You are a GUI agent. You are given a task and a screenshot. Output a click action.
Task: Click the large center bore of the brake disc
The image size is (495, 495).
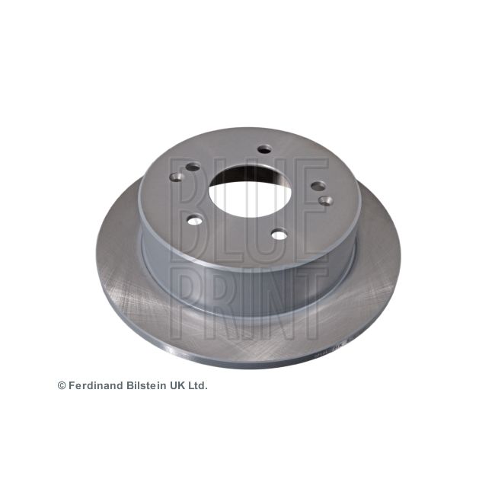(x=248, y=187)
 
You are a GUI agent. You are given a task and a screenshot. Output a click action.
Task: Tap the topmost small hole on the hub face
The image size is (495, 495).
(x=263, y=149)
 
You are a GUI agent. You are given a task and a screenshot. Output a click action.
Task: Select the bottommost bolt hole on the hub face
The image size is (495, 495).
(x=279, y=235)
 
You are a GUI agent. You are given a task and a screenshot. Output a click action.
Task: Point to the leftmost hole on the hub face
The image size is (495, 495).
(x=193, y=167)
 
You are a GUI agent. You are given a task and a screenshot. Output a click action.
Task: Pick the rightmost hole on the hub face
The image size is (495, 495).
(x=325, y=200)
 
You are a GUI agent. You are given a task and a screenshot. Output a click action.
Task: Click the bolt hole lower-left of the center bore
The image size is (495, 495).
(x=195, y=221)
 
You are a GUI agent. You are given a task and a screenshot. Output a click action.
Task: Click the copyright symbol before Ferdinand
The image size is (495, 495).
(x=62, y=386)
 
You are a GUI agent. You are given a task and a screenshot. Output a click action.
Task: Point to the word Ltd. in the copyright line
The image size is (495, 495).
(x=197, y=386)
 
